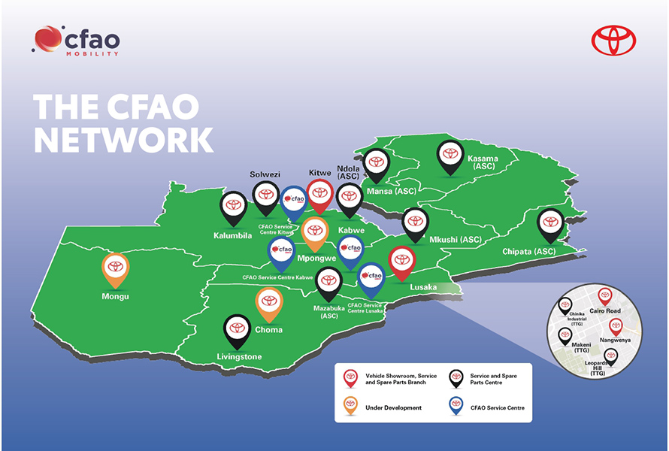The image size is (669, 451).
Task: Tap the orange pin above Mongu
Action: (115, 268)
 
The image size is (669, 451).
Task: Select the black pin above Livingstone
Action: (238, 329)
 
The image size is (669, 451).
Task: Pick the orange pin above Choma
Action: (269, 302)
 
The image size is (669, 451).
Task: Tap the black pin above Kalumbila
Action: (233, 205)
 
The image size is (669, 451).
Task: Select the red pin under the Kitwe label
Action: (320, 193)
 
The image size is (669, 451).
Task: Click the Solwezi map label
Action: (265, 174)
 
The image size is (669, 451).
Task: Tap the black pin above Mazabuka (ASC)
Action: (328, 283)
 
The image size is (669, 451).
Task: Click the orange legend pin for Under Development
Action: (350, 406)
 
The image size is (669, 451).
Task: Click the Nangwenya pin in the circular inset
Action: (616, 327)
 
